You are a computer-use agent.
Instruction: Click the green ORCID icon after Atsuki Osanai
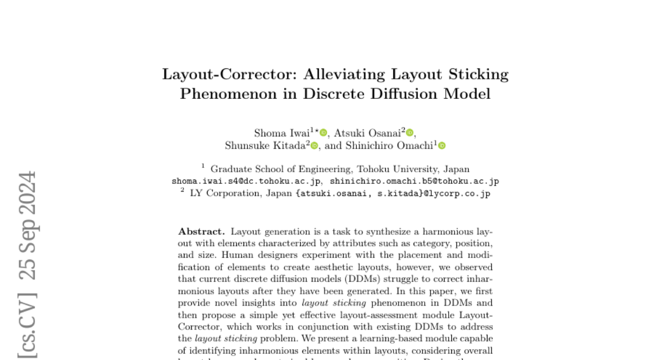coord(410,133)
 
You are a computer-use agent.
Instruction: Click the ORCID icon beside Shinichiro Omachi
coord(442,146)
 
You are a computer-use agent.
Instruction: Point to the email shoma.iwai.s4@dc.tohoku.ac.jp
coord(246,181)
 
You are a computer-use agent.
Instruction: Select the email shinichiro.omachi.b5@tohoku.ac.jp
coord(414,181)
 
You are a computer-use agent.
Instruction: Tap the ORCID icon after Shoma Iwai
coord(323,133)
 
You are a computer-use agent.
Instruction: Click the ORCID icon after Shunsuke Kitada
coord(314,146)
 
